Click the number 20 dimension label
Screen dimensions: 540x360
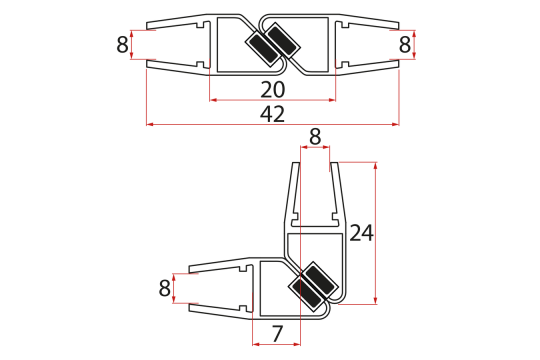272,90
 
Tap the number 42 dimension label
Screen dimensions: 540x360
272,114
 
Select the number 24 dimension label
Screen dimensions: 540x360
361,233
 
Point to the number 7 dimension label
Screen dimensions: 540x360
277,334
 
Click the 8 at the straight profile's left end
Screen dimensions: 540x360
122,44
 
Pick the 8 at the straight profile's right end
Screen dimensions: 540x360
405,44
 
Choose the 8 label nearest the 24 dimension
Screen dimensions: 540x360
315,137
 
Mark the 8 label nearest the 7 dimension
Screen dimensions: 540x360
165,288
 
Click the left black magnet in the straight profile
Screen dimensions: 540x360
263,50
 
